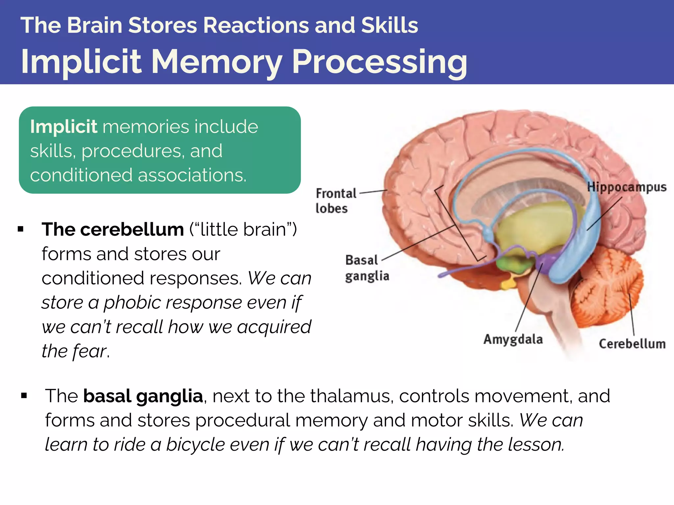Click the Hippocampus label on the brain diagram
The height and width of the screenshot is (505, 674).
[x=627, y=187]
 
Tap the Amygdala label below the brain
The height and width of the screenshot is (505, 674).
[x=513, y=339]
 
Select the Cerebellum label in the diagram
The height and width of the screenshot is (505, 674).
[x=632, y=344]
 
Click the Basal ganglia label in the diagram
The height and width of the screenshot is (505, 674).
[x=367, y=268]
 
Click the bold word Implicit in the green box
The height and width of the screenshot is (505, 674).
[x=64, y=127]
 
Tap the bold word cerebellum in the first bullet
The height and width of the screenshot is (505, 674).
[x=132, y=229]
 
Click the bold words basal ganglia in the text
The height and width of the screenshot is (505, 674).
[x=143, y=396]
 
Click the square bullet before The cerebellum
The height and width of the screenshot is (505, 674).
[x=21, y=229]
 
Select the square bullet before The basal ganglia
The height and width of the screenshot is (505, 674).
[x=24, y=396]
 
